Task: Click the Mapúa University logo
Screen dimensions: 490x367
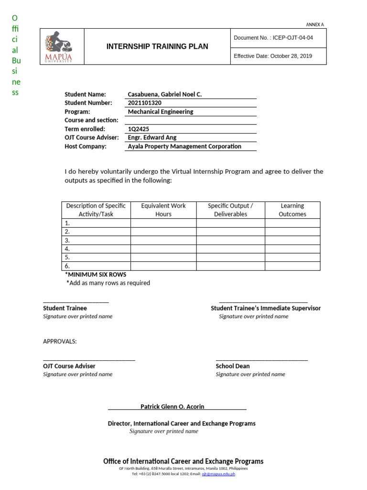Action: [59, 47]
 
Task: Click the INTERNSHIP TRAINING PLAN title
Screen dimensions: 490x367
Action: [157, 46]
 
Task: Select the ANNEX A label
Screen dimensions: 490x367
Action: [314, 25]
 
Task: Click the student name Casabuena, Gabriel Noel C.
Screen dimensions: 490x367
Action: [165, 94]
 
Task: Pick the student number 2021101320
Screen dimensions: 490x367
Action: [145, 103]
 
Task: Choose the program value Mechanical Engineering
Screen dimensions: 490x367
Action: [161, 111]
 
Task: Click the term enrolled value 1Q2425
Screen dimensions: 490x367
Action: [138, 129]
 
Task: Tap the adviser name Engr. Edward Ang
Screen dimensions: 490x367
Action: [152, 138]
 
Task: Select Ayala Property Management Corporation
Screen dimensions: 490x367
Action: [184, 146]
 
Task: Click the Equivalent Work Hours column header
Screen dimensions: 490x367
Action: [163, 210]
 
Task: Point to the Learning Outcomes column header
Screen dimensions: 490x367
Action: [292, 210]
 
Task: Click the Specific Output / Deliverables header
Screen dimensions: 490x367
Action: [230, 210]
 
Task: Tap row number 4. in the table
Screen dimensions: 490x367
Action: [67, 249]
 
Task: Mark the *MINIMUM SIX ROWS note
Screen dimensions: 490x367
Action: [96, 275]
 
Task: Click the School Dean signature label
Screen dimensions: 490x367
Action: [233, 366]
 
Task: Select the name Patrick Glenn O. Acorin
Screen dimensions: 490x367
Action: [172, 407]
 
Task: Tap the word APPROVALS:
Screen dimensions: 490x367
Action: [60, 341]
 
